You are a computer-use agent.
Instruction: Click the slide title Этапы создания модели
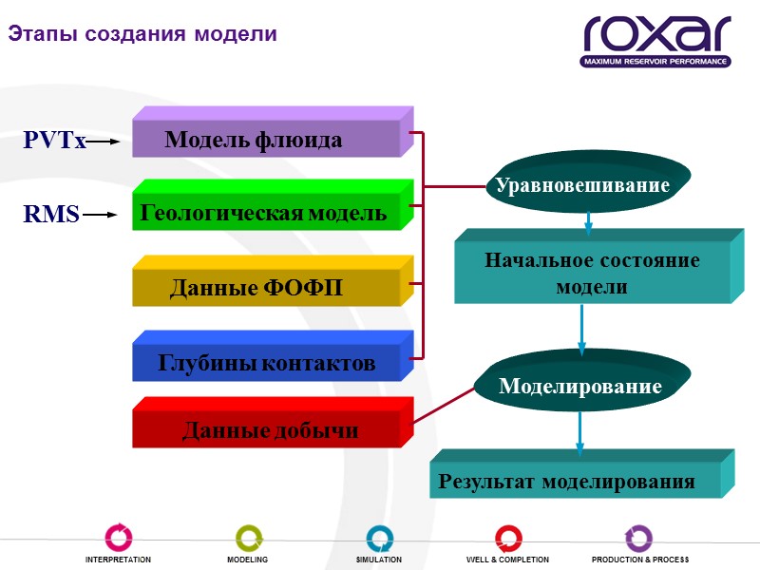[x=142, y=34]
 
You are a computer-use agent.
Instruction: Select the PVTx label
[x=54, y=142]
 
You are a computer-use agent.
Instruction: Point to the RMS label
[x=51, y=215]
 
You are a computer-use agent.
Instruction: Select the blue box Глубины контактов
[x=267, y=362]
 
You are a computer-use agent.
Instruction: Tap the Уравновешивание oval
[x=583, y=185]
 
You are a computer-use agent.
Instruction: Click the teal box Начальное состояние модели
[x=593, y=273]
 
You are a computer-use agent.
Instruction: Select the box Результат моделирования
[x=568, y=481]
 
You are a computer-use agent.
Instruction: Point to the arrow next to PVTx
[x=104, y=142]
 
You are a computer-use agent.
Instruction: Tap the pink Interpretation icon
[x=119, y=538]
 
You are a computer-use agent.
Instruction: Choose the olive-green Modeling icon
[x=248, y=538]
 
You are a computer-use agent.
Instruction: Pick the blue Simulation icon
[x=379, y=538]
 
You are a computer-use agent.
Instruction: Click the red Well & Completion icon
[x=508, y=538]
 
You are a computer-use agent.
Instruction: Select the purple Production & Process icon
[x=638, y=538]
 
